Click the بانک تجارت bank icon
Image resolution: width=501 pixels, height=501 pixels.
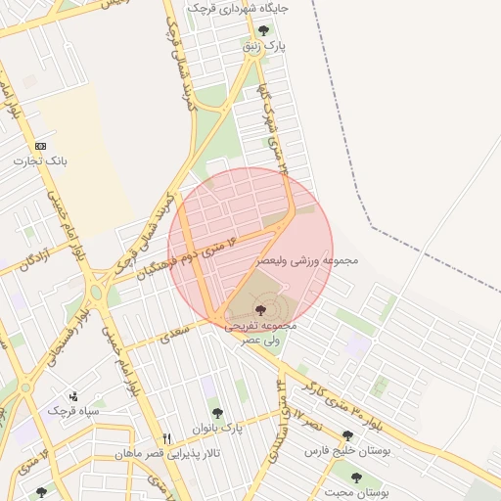pyautogui.click(x=40, y=146)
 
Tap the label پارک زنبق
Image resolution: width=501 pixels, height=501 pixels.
pyautogui.click(x=263, y=45)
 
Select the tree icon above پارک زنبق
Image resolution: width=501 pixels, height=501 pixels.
pyautogui.click(x=263, y=30)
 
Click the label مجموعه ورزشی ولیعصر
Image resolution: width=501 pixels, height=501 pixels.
pyautogui.click(x=309, y=261)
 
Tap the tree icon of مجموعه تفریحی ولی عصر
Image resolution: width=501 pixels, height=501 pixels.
pyautogui.click(x=257, y=310)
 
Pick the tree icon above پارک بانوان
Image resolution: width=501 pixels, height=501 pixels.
pyautogui.click(x=217, y=413)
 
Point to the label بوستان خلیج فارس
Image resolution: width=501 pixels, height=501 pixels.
pyautogui.click(x=346, y=451)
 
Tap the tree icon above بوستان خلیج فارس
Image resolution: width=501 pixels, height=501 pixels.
pyautogui.click(x=347, y=436)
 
